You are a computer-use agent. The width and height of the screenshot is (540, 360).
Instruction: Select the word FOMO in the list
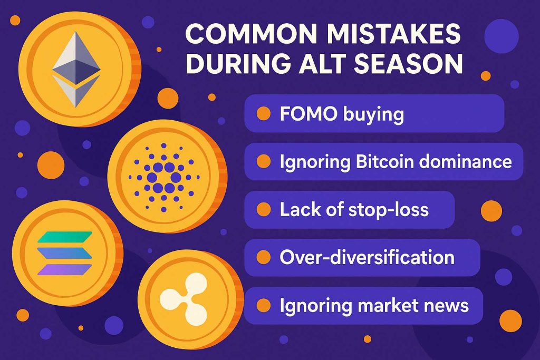308,113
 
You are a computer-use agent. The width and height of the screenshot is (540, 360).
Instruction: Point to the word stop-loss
389,210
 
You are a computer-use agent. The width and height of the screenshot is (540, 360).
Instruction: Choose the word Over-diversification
367,257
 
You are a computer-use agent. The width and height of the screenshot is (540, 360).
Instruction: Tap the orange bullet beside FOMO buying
264,113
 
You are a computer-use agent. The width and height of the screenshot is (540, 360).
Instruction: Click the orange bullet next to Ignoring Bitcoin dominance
264,161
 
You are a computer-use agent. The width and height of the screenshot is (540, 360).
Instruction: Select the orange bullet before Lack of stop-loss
264,209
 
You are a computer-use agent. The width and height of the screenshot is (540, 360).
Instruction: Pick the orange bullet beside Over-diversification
264,257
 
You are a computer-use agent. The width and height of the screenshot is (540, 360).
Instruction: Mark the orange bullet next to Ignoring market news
264,305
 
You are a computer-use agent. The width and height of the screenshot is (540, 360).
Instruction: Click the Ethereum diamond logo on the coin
76,69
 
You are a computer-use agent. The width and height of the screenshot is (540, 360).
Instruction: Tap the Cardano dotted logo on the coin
163,178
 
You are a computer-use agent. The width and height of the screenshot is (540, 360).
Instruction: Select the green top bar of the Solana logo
65,237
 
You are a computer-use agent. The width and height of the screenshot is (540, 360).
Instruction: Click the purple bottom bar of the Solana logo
65,270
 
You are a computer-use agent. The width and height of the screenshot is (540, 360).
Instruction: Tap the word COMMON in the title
251,33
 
